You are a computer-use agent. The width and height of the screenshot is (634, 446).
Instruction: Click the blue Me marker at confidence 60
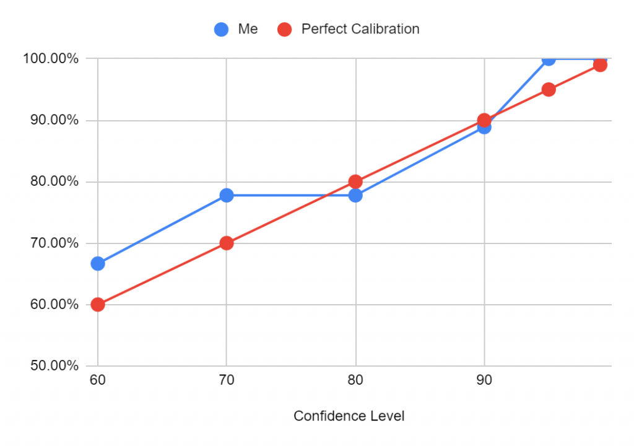click(x=98, y=263)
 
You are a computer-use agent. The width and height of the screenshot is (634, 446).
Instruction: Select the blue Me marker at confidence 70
click(x=227, y=195)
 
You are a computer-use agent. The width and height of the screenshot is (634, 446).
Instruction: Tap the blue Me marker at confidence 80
click(x=355, y=195)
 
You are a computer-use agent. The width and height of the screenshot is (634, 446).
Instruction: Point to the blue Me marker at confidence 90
click(x=484, y=127)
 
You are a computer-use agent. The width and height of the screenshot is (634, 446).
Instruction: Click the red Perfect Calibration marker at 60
click(x=98, y=305)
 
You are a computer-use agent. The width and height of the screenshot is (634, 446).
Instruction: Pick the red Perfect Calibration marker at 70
click(x=227, y=243)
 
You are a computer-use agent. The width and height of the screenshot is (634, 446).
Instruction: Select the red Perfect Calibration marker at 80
click(x=355, y=181)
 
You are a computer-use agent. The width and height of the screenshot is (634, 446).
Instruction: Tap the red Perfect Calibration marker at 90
click(x=484, y=120)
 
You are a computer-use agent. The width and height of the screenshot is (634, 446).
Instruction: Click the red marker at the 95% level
click(x=549, y=89)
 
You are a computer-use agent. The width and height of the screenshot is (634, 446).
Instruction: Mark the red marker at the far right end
click(x=600, y=65)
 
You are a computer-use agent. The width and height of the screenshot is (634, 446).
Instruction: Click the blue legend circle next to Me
click(x=221, y=29)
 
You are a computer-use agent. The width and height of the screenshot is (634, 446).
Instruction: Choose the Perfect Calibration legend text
click(x=360, y=29)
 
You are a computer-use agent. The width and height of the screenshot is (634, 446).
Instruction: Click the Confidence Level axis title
click(x=349, y=416)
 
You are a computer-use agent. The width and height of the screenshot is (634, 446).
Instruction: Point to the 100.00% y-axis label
click(x=51, y=59)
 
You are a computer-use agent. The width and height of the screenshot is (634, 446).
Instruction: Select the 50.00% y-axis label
click(x=51, y=365)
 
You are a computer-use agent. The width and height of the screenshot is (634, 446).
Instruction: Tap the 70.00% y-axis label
click(x=51, y=243)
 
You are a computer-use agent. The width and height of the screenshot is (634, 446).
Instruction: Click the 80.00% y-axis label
click(x=51, y=181)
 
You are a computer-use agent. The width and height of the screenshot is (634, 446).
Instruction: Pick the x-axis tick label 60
click(x=98, y=380)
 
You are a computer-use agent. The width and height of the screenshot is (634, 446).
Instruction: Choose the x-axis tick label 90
click(x=484, y=380)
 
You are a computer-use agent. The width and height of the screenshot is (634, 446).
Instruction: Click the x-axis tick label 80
click(x=355, y=380)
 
